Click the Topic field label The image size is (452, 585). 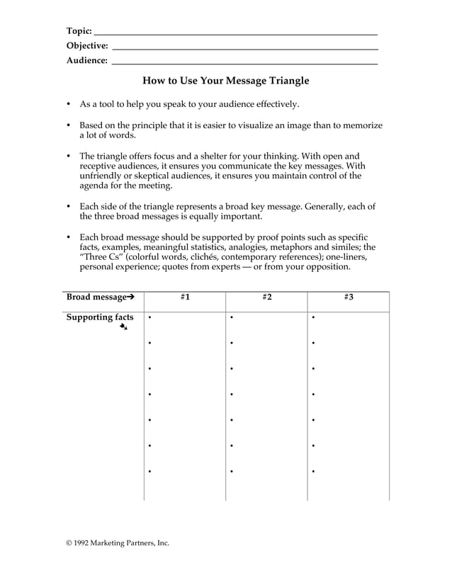[79, 31]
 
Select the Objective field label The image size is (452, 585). [87, 46]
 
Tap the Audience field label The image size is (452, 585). [86, 61]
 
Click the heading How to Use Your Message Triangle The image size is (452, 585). [226, 81]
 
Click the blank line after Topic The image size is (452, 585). [236, 34]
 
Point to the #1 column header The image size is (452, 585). [184, 297]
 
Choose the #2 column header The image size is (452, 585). [266, 297]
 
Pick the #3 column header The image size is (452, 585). [349, 297]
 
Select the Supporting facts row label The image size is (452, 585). [100, 317]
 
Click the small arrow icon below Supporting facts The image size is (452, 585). [123, 327]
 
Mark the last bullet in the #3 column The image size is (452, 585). [313, 472]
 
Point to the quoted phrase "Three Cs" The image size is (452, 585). [101, 258]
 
